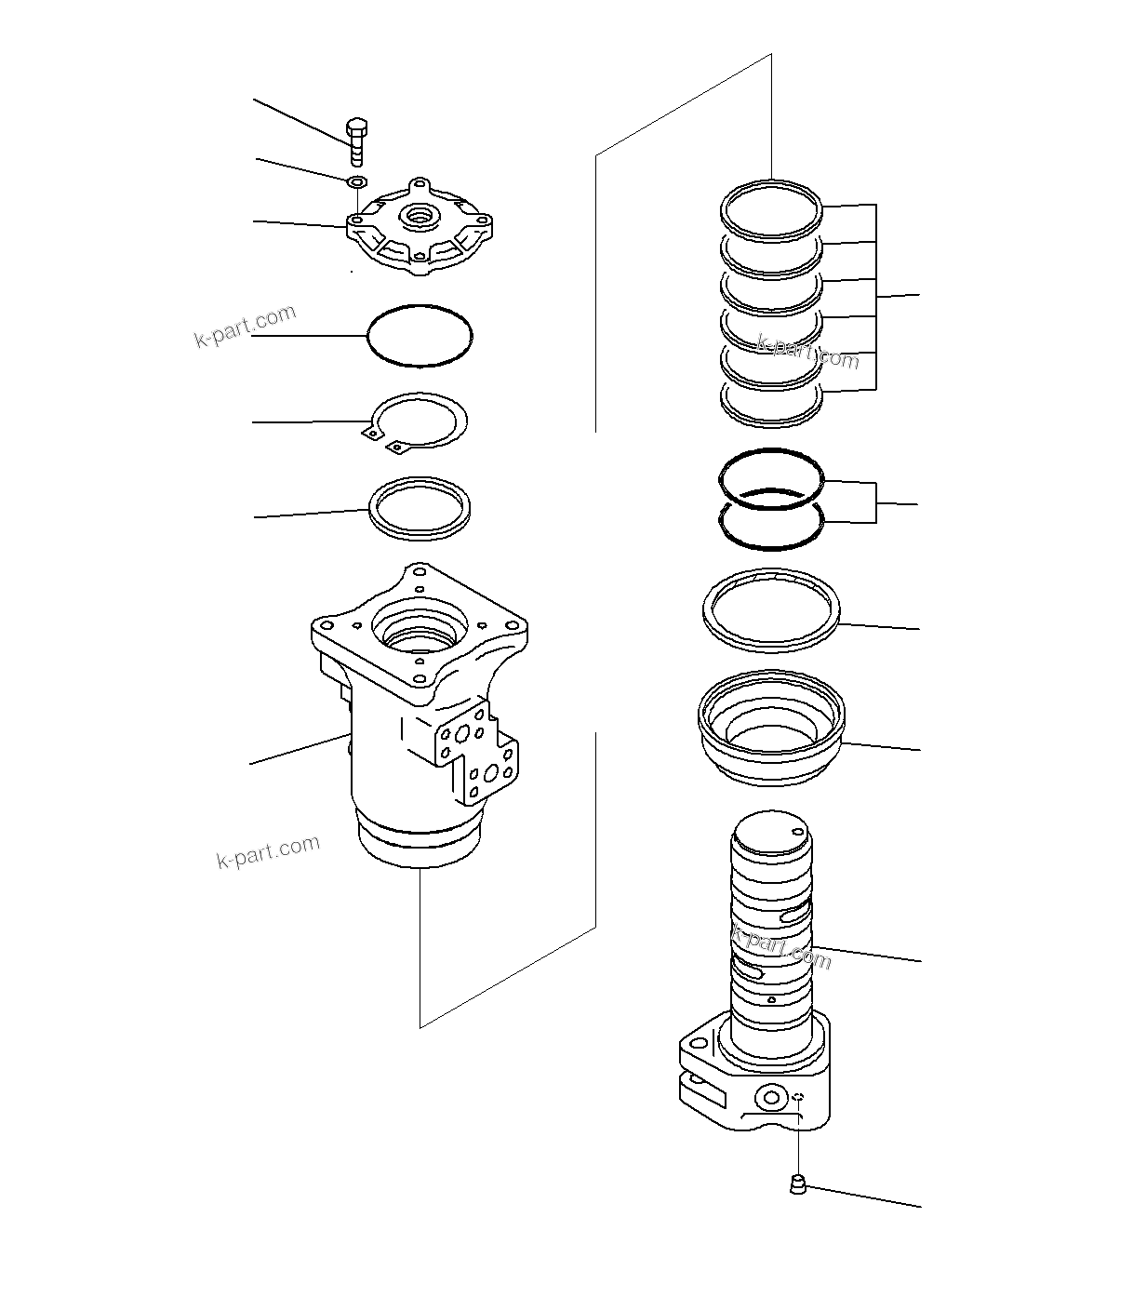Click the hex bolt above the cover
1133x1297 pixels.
tap(357, 140)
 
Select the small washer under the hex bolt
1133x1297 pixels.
tap(357, 181)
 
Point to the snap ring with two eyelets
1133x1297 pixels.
tap(417, 423)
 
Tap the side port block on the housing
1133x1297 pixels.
tap(476, 754)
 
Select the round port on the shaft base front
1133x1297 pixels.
tap(769, 1099)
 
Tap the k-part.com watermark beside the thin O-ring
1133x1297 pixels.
tap(246, 327)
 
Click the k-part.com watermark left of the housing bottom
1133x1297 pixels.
tap(268, 851)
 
